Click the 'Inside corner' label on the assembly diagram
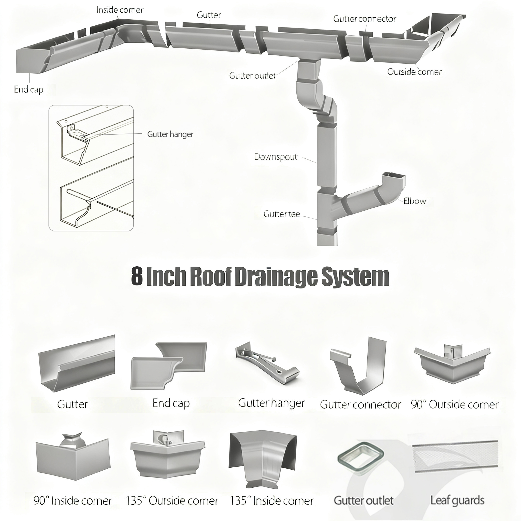[120, 10]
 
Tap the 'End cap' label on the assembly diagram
[28, 90]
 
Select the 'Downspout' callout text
[276, 157]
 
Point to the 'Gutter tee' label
[282, 214]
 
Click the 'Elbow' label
[414, 201]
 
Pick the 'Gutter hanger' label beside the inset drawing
[170, 134]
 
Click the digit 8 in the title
[137, 277]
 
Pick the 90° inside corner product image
[73, 458]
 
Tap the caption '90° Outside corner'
[455, 404]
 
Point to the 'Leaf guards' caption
[457, 500]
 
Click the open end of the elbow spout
[394, 175]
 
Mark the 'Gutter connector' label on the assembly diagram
[365, 19]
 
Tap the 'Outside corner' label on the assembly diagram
[414, 72]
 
